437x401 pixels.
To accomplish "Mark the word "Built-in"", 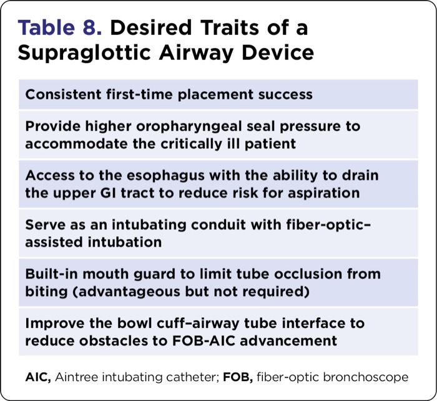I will pyautogui.click(x=52, y=274).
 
